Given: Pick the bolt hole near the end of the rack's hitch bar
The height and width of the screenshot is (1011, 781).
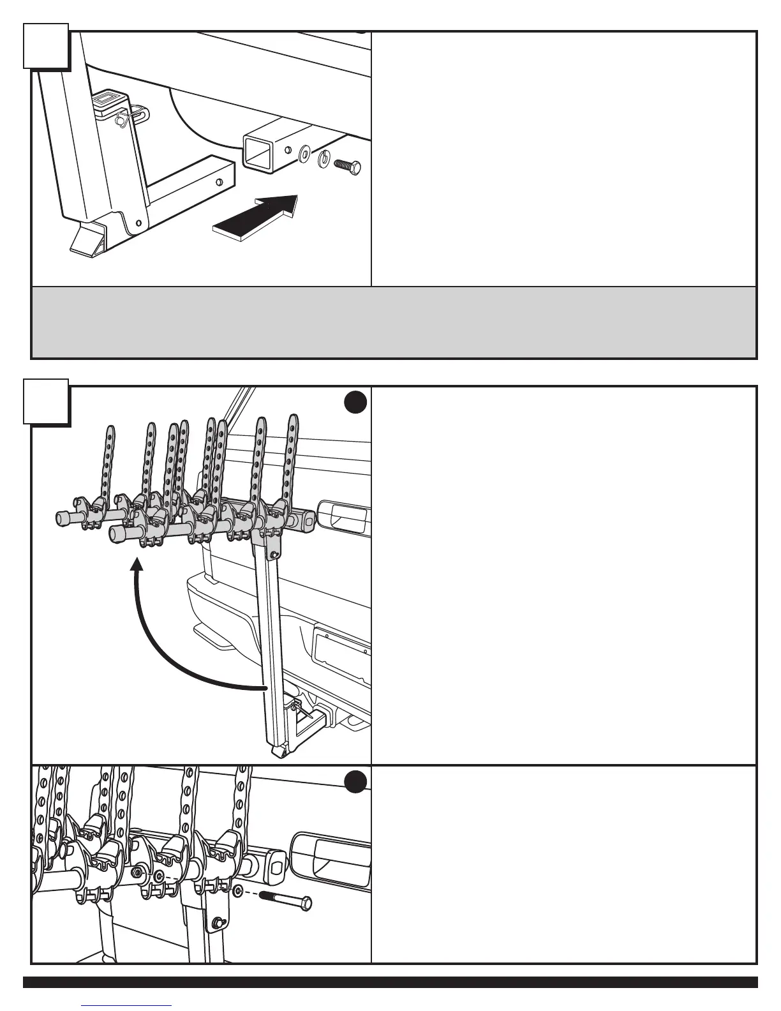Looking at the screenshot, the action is click(220, 183).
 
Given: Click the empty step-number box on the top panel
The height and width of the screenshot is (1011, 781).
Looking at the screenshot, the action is click(46, 45).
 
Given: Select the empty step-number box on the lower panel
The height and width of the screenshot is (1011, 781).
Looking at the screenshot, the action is click(46, 401).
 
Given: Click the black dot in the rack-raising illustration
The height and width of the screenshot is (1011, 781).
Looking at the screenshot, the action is click(355, 402).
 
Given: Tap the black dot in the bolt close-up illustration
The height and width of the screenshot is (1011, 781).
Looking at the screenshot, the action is click(355, 782).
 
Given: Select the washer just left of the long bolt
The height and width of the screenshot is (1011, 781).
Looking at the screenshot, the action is click(237, 891).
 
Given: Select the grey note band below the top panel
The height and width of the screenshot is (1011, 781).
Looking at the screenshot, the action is click(394, 322).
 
